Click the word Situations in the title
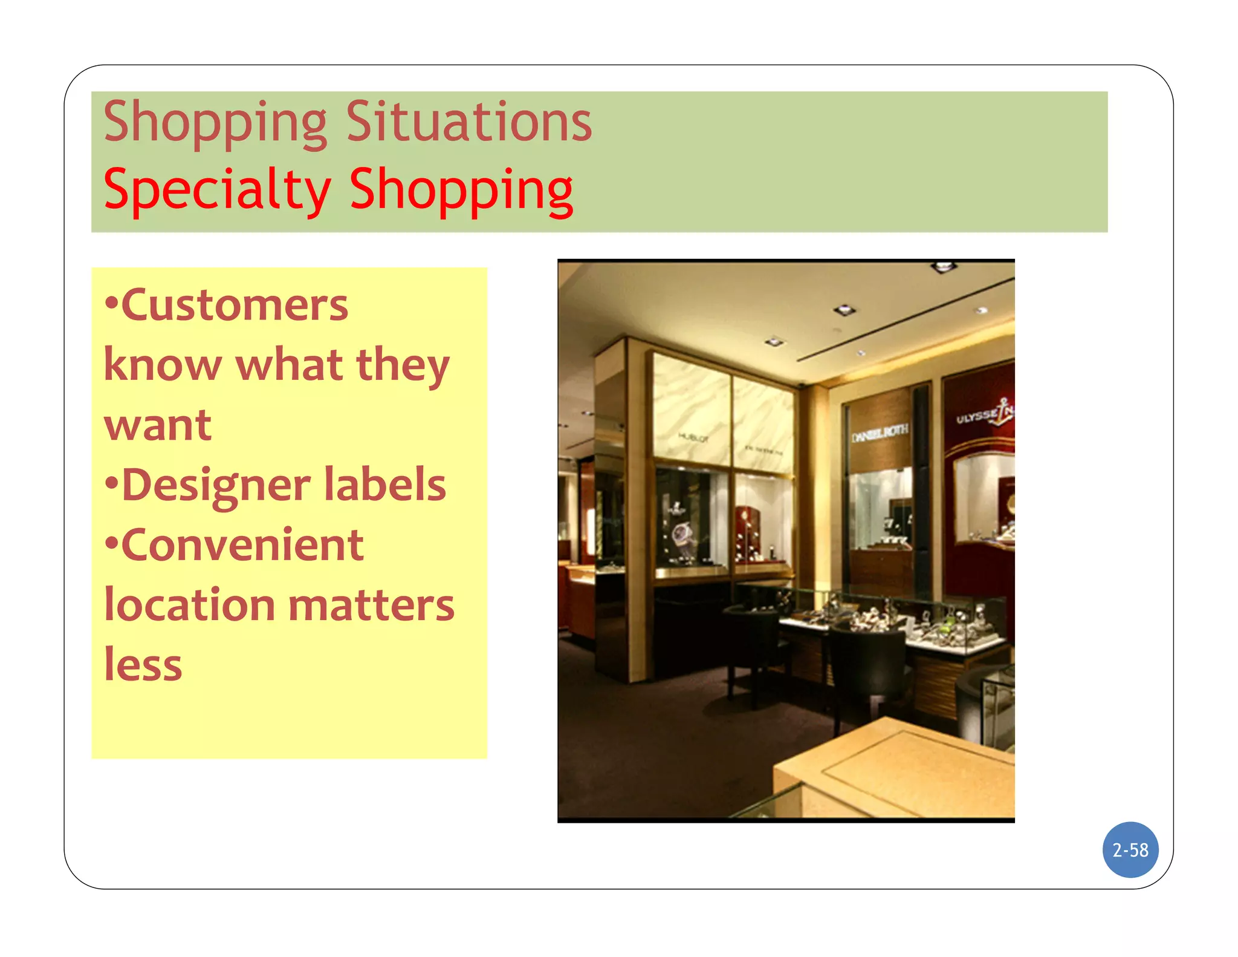point(468,122)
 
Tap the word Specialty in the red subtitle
point(217,190)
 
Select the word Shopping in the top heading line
point(215,122)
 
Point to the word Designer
point(216,485)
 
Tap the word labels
point(385,485)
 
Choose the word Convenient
point(242,544)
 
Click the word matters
point(371,605)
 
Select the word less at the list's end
point(143,665)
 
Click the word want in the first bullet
point(158,425)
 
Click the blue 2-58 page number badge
point(1130,850)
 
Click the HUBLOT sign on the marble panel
point(693,437)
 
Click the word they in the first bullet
point(403,365)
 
